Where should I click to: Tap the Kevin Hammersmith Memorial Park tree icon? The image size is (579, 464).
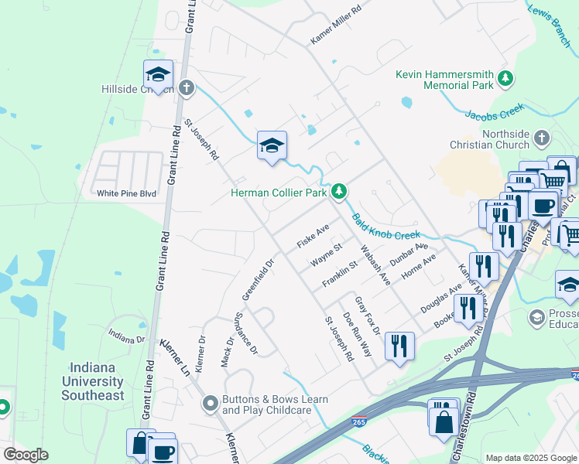click(x=505, y=78)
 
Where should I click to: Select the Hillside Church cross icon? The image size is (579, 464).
click(x=186, y=88)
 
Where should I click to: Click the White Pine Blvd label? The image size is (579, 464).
click(x=126, y=193)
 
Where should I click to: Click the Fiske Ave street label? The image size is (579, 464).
click(x=313, y=237)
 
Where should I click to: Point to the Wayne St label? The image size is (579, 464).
click(x=327, y=256)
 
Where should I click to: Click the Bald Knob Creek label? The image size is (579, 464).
click(x=385, y=225)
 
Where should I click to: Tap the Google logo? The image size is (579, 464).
click(x=26, y=455)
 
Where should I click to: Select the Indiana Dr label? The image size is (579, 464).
click(x=127, y=337)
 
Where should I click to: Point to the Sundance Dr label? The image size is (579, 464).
click(x=245, y=334)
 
